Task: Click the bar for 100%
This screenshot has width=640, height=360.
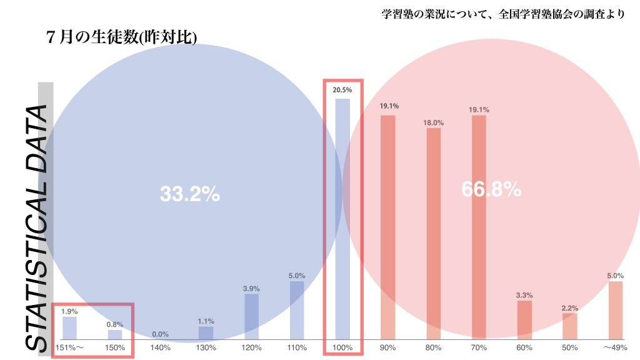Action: pos(342,218)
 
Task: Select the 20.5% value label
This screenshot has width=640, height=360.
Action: pos(342,90)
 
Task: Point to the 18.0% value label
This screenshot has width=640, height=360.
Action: pos(433,122)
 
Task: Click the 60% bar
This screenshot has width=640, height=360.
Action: pos(524,319)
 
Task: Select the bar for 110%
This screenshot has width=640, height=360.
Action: pos(297,310)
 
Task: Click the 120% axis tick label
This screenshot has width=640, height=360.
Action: pos(251,347)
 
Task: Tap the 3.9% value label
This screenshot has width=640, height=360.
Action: pos(251,288)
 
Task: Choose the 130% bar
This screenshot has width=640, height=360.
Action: pos(206,332)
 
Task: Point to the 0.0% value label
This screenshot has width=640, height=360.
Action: pos(161,334)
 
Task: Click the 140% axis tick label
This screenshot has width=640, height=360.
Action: pos(161,347)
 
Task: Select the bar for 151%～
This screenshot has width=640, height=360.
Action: pos(69,327)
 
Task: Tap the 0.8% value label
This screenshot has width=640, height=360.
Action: pos(115,324)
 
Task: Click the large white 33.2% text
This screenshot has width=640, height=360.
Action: pos(189,194)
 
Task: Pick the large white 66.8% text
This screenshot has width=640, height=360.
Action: pos(491,189)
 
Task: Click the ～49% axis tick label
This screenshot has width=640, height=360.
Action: pos(615,347)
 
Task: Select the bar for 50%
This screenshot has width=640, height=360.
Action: pos(569,326)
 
